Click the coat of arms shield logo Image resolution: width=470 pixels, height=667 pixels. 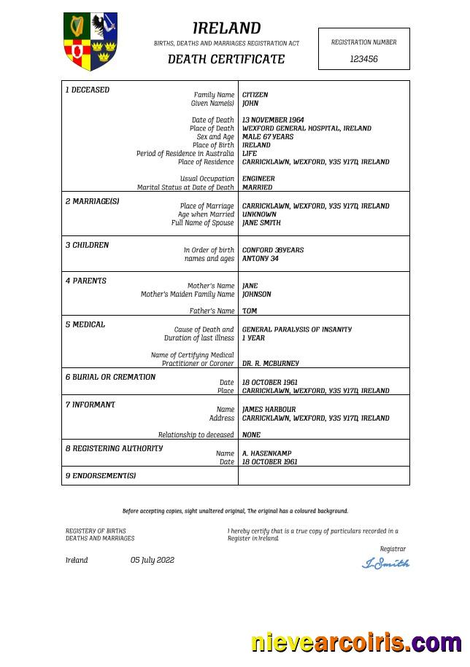[x=90, y=41]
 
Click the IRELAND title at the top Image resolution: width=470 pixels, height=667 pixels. [x=226, y=28]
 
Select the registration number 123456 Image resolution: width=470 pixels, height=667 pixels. [x=363, y=59]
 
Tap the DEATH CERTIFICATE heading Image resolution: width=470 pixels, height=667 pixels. [x=226, y=59]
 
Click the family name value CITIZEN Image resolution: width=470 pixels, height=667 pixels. [x=255, y=95]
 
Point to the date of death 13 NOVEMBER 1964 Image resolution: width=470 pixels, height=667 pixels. [x=273, y=120]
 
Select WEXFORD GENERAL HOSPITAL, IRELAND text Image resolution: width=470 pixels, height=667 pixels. [x=307, y=128]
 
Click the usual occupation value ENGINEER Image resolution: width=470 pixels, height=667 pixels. [x=258, y=179]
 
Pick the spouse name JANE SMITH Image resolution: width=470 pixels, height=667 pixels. [x=261, y=223]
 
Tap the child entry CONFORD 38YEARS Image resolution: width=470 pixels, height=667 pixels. [x=273, y=250]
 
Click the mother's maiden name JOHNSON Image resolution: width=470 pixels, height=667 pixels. [x=256, y=295]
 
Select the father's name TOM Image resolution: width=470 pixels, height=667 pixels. [x=250, y=311]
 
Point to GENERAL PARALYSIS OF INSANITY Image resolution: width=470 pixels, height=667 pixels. [x=296, y=329]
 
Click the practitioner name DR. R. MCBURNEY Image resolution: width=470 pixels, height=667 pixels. [x=270, y=363]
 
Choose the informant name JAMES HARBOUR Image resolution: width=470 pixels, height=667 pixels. [x=269, y=410]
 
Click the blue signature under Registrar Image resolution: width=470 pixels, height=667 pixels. [x=385, y=563]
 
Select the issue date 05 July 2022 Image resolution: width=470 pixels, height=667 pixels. [x=153, y=560]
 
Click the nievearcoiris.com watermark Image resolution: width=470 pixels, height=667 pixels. [x=355, y=642]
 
